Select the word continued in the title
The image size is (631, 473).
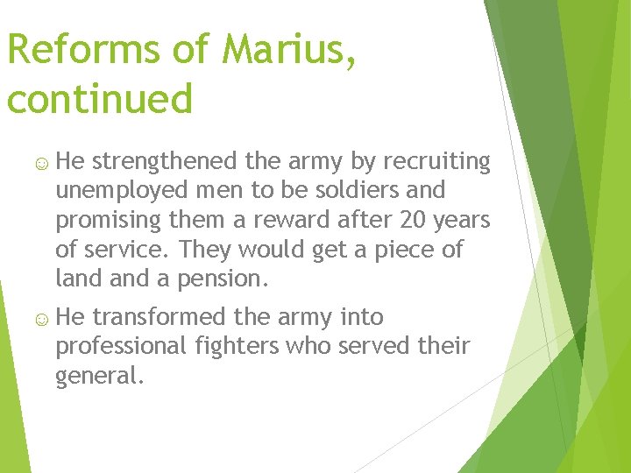pyautogui.click(x=99, y=99)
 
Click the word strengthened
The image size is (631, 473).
pyautogui.click(x=164, y=161)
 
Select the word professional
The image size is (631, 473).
pyautogui.click(x=121, y=346)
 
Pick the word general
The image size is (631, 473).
pyautogui.click(x=97, y=378)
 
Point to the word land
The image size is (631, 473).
pyautogui.click(x=75, y=279)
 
